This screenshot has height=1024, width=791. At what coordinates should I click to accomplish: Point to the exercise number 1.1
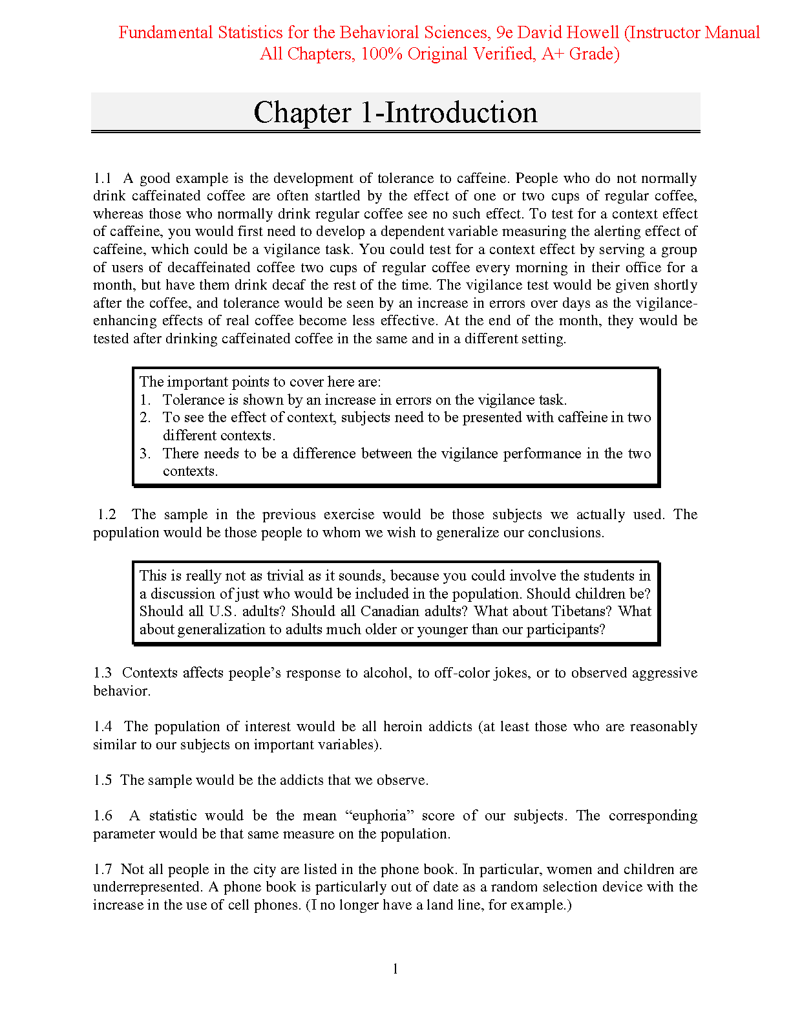(103, 178)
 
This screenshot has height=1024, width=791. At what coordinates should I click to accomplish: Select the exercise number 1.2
(107, 515)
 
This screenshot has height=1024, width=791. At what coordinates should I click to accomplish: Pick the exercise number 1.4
(103, 727)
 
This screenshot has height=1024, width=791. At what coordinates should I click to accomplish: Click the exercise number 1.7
(103, 869)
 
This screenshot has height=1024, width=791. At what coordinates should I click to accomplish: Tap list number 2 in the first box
(145, 418)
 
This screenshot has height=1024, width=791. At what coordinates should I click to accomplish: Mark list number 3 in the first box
(145, 454)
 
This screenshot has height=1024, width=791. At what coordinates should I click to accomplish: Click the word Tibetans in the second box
(582, 612)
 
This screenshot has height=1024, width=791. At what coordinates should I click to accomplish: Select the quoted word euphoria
(379, 816)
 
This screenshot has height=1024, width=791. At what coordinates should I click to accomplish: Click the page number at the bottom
(395, 968)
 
